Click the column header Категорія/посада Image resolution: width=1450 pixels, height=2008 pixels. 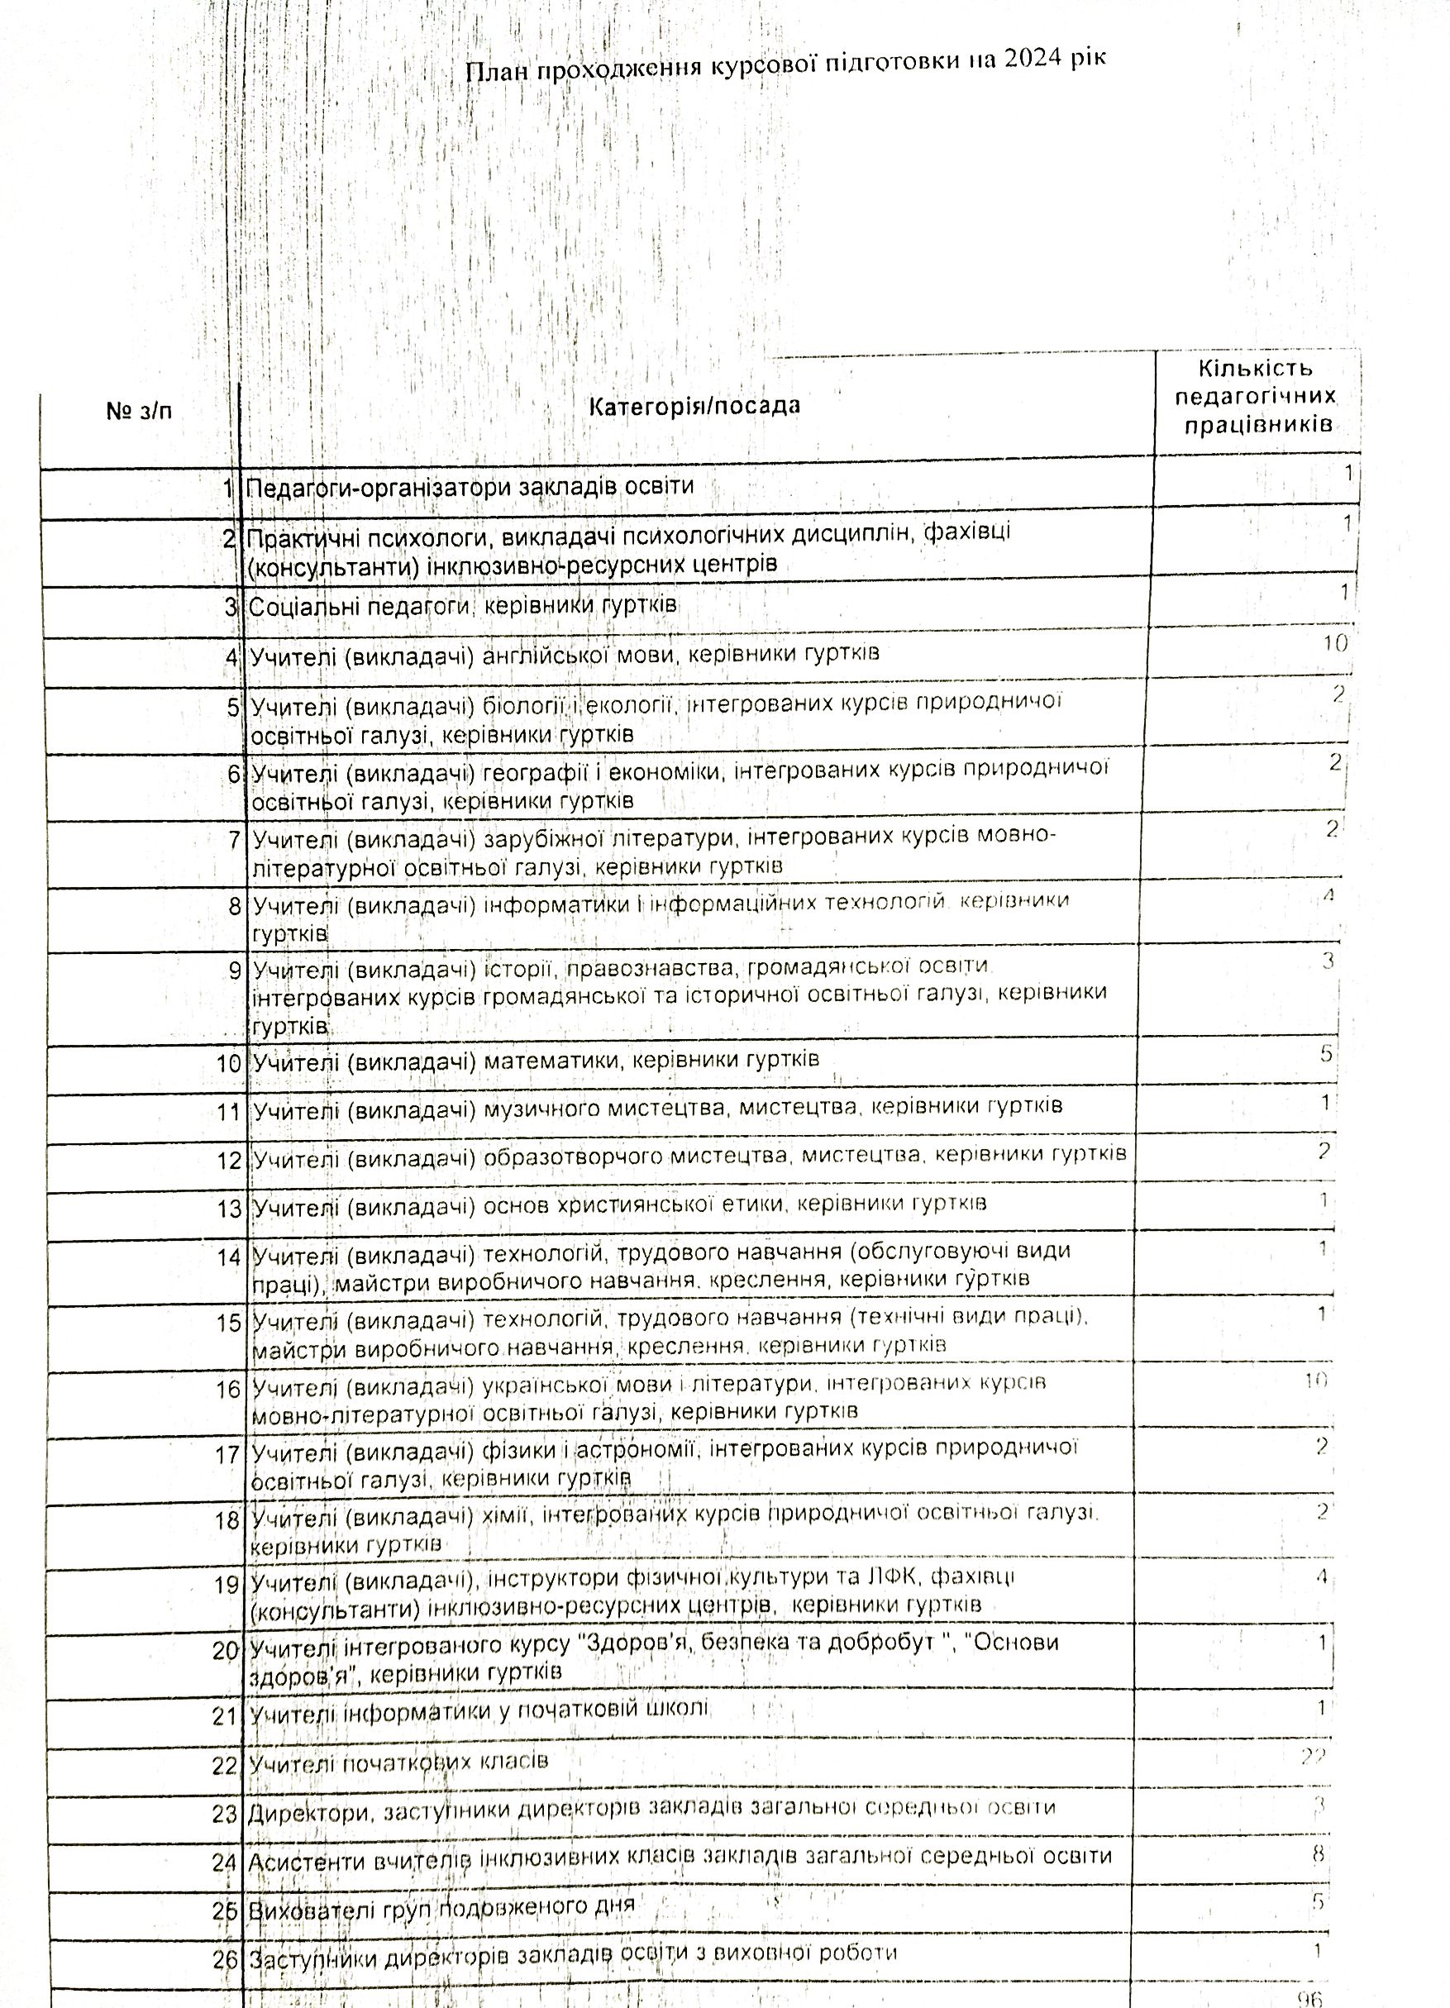click(x=695, y=407)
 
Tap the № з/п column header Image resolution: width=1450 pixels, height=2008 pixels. click(x=139, y=412)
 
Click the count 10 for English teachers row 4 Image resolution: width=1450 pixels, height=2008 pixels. click(x=1335, y=644)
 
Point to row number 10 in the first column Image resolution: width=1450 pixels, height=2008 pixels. click(x=228, y=1063)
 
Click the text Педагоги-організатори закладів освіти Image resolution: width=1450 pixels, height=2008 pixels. click(x=470, y=487)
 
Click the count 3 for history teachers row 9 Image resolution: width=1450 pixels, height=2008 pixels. click(x=1328, y=961)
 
